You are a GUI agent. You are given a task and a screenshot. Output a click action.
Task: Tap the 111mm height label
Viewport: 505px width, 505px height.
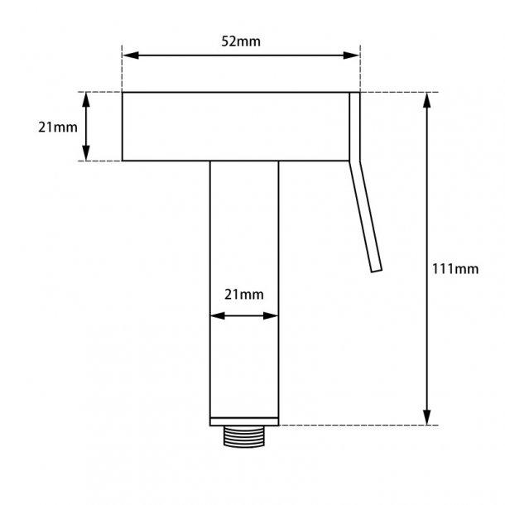(x=455, y=268)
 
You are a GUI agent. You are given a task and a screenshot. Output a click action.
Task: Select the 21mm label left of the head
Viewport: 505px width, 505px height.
(x=58, y=127)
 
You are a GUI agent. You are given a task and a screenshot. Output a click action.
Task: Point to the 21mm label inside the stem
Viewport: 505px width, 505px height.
(x=244, y=295)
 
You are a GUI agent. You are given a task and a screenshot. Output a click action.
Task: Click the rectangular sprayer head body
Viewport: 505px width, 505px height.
(x=235, y=126)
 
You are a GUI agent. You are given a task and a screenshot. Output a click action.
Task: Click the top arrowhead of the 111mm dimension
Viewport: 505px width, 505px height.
(x=428, y=99)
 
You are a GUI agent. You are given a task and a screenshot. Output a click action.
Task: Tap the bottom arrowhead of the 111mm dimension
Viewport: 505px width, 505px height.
(x=428, y=418)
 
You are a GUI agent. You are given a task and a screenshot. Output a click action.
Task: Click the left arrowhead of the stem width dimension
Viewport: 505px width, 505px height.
(x=214, y=315)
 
